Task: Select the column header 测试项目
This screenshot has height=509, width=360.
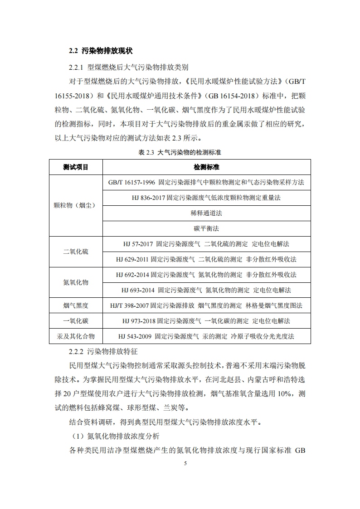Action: click(76, 167)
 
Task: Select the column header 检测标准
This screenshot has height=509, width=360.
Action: click(206, 167)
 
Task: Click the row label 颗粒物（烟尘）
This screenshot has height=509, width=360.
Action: click(76, 205)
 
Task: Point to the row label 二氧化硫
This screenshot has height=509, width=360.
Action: click(76, 252)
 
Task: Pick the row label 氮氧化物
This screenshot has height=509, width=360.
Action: click(76, 282)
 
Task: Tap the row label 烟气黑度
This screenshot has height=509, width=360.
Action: click(76, 305)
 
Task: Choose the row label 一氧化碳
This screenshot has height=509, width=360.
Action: click(76, 321)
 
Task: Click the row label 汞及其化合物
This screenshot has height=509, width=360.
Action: click(76, 336)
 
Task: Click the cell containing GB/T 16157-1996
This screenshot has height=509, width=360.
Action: click(206, 182)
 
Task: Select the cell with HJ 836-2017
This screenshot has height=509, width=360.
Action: click(206, 198)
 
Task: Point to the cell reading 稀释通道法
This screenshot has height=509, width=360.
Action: click(206, 213)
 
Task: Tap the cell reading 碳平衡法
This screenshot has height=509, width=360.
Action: click(206, 228)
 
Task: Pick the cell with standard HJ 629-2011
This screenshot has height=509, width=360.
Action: click(206, 259)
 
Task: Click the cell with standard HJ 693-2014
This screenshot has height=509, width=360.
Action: click(206, 290)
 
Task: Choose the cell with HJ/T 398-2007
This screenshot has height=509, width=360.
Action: click(206, 305)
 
